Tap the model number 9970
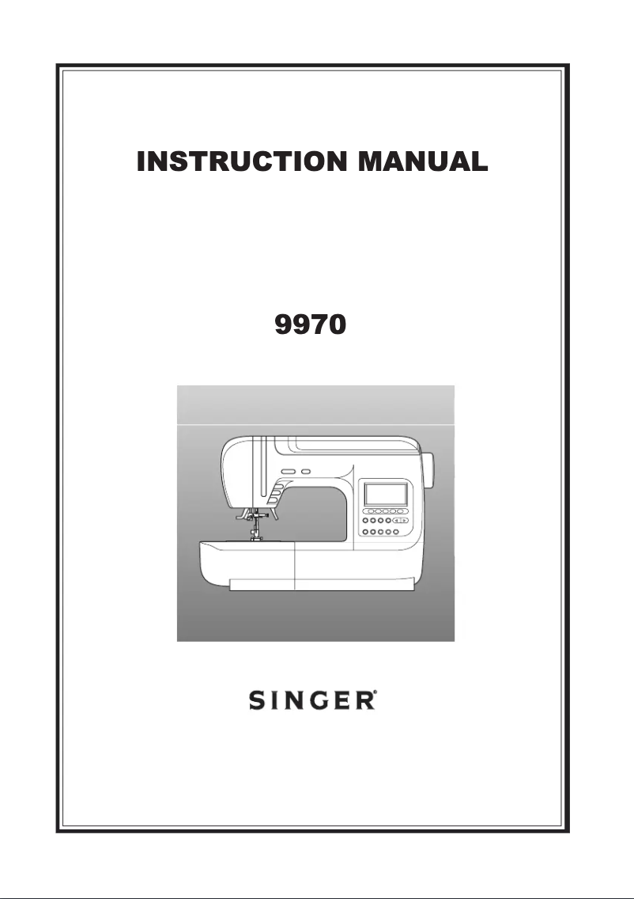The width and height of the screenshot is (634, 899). point(310,326)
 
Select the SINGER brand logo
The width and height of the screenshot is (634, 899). point(311,701)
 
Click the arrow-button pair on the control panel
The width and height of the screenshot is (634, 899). point(401,522)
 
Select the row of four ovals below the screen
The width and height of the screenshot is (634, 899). point(386,512)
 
